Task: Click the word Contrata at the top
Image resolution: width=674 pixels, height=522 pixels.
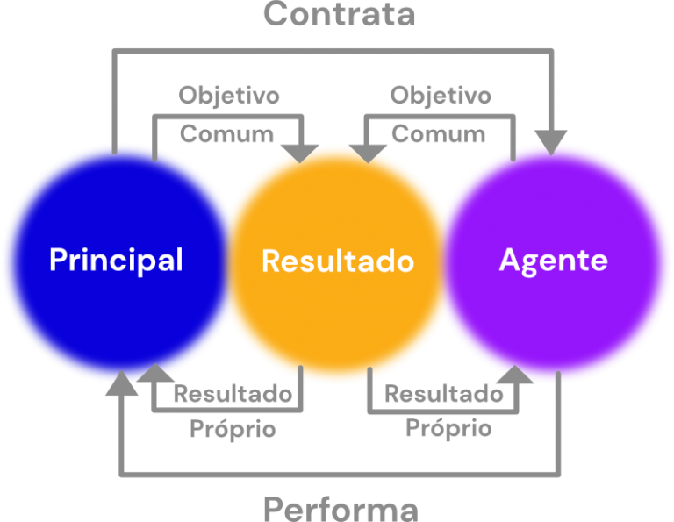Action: pos(339,14)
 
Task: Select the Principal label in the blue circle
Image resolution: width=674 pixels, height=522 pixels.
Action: pos(116,261)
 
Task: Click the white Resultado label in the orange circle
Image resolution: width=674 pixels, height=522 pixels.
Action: pos(338,261)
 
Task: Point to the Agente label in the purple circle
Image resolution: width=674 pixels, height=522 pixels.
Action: pos(553,261)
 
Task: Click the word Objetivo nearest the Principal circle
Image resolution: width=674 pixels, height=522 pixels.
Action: pos(229,95)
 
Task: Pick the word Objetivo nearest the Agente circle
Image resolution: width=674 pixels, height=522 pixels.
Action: pos(441,95)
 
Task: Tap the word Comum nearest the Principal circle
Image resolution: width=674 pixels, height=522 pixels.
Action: pos(226,134)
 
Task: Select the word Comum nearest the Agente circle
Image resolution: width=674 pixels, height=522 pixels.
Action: pos(438,134)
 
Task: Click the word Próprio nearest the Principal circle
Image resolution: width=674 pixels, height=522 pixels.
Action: pos(233,429)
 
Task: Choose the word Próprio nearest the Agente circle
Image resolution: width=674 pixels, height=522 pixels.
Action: pos(448,429)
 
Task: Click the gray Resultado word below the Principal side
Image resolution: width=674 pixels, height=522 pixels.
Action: pos(233,395)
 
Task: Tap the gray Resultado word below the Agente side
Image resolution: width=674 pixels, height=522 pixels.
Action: pos(444,395)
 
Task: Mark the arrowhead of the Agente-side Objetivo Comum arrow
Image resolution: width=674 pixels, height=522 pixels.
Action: pos(368,151)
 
